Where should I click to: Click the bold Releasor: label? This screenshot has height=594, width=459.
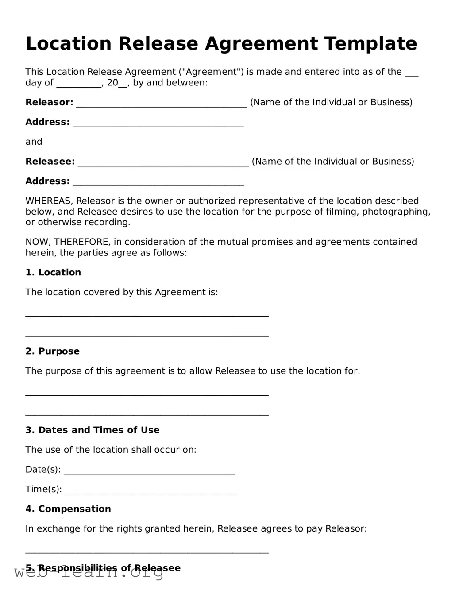point(49,103)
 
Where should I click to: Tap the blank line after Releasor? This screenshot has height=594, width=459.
point(162,104)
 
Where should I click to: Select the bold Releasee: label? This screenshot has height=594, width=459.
point(50,162)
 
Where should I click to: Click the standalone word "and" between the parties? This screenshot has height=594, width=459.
point(34,142)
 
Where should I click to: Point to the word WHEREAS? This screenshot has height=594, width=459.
point(49,201)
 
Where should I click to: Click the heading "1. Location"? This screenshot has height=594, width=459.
point(53,273)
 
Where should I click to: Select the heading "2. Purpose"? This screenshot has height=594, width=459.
point(52,351)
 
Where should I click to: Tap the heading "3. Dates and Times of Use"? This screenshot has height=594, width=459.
point(92,430)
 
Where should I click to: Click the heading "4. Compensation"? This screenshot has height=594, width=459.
point(68,509)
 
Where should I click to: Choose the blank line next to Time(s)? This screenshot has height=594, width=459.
point(150,491)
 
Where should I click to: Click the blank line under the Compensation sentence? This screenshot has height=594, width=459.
point(147,551)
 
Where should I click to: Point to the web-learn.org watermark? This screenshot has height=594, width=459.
point(89,574)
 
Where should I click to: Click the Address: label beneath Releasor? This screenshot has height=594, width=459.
point(47,122)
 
